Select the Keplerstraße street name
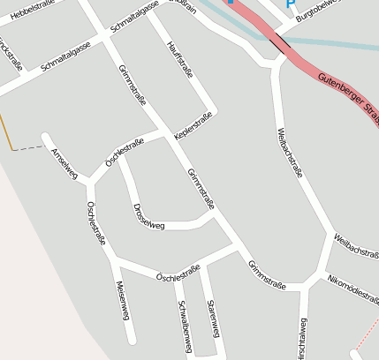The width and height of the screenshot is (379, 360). [x=195, y=123]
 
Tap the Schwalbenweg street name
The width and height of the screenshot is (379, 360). [x=184, y=326]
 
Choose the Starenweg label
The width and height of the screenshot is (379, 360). [x=212, y=317]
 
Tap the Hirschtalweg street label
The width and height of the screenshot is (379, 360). [x=302, y=341]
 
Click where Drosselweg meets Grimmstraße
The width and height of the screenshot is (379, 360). [x=215, y=211]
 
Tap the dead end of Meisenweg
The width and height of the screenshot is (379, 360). [x=133, y=340]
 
